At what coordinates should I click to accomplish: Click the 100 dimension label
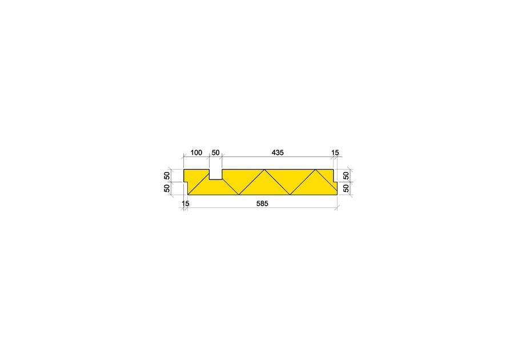click(x=196, y=153)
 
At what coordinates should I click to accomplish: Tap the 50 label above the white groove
click(x=215, y=153)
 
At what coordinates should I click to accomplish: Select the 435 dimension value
click(x=278, y=153)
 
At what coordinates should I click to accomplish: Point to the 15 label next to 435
click(x=335, y=153)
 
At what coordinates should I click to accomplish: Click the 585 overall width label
click(x=262, y=203)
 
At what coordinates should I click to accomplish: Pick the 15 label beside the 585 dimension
click(x=186, y=203)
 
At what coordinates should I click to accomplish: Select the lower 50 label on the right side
click(x=346, y=187)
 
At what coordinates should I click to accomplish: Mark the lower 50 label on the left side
click(x=167, y=187)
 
